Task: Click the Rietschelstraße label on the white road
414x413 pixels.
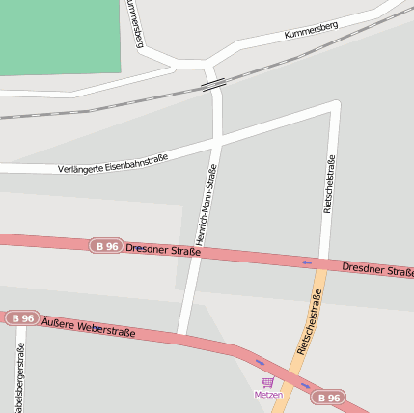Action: click(329, 182)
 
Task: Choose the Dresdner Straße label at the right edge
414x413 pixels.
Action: click(377, 268)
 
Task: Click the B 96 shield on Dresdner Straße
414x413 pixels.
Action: click(107, 246)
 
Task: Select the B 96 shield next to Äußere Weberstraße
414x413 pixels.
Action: click(21, 317)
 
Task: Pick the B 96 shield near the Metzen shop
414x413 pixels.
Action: click(329, 397)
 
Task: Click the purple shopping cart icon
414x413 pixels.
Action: click(267, 382)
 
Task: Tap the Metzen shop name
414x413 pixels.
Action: click(267, 395)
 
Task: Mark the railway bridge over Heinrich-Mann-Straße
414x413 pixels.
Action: click(214, 84)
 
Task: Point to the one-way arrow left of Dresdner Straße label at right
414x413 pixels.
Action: click(307, 262)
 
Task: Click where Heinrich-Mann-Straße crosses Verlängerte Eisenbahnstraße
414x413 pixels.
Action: click(216, 141)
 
